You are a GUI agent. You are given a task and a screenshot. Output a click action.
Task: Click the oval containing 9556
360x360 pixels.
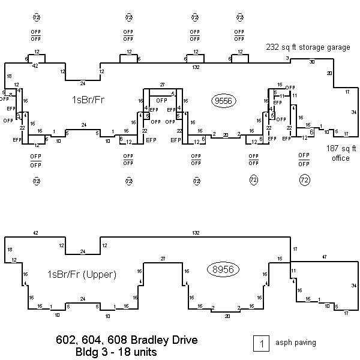coord(223,101)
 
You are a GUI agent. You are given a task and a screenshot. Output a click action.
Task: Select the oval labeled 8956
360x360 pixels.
coord(223,269)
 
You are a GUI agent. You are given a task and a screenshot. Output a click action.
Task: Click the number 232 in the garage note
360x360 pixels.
coord(272,46)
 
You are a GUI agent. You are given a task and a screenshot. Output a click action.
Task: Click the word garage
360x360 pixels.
coord(338,46)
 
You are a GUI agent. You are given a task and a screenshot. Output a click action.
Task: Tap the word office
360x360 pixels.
coord(340,158)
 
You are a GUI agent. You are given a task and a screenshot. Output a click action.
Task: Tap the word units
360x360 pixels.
coord(144,352)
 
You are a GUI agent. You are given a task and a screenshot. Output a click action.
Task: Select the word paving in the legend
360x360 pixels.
coord(304,343)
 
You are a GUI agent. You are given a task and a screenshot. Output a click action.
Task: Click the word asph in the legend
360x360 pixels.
coord(283,343)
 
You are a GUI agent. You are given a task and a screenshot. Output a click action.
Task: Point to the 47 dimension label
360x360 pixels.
coord(324,256)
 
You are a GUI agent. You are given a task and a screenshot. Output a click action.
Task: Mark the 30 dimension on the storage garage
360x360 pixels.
coord(311,62)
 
